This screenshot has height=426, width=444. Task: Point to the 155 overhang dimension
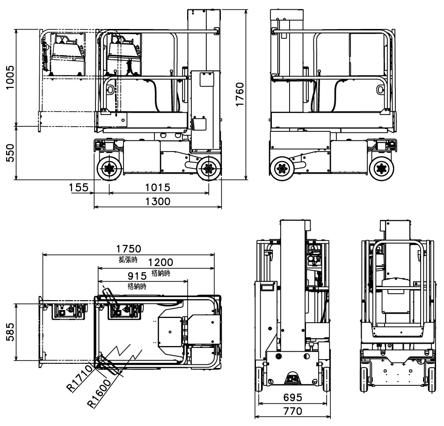(x=79, y=188)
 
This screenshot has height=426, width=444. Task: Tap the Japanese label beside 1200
(x=160, y=273)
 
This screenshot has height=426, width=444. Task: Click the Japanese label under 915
(x=137, y=286)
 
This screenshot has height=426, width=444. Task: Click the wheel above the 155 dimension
(x=109, y=168)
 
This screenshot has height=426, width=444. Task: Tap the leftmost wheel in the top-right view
(x=282, y=168)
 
